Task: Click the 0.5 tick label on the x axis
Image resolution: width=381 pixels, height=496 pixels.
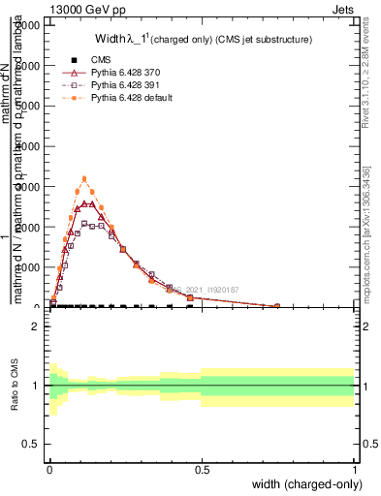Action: [x=202, y=470]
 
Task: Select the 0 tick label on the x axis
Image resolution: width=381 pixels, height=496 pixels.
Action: [x=49, y=470]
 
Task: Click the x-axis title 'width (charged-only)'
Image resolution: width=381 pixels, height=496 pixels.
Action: [x=303, y=484]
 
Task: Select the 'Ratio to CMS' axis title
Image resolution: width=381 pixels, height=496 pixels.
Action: [x=15, y=385]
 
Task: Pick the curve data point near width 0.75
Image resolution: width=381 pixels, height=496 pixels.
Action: [x=277, y=306]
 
